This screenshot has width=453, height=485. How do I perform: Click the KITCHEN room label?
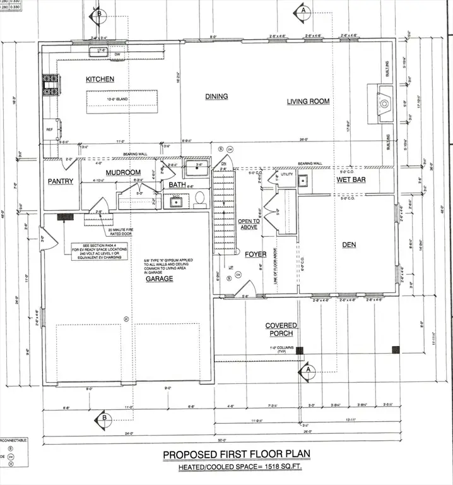(100, 79)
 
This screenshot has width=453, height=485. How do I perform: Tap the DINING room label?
(216, 97)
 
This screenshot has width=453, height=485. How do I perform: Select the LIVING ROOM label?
(309, 101)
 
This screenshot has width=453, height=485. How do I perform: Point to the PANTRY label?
(61, 181)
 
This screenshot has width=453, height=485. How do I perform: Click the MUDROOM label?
(122, 172)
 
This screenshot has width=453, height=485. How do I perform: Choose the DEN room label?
(349, 245)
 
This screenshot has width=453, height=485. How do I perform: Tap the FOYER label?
(256, 254)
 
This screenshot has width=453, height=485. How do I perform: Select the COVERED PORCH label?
(281, 330)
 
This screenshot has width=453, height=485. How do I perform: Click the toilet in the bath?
(199, 199)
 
